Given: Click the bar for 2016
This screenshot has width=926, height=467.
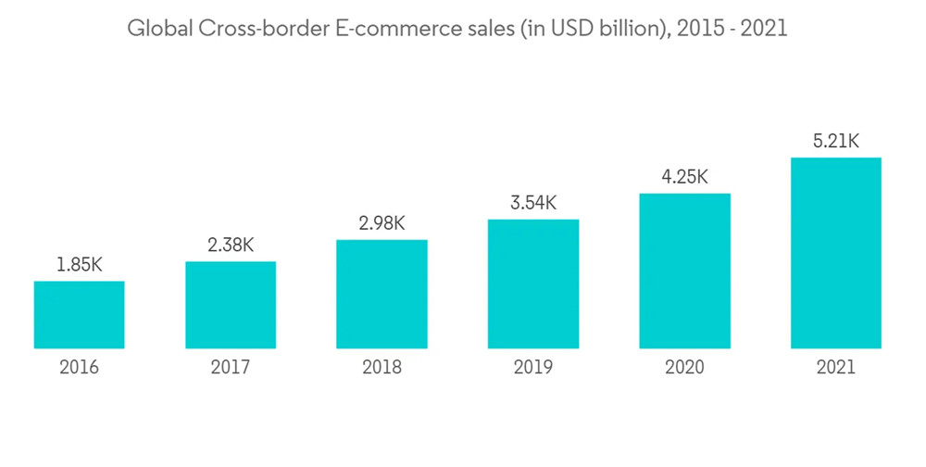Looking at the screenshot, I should (79, 315).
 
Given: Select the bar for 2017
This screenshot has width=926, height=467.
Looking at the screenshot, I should (231, 305).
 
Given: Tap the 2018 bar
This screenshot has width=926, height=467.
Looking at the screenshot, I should (382, 295).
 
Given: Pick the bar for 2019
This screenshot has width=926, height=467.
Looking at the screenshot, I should (533, 284).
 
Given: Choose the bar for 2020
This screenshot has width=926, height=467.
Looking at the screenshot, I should (684, 271).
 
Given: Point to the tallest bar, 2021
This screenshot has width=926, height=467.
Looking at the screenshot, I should (835, 253).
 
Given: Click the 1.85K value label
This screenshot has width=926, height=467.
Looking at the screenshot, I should (79, 266).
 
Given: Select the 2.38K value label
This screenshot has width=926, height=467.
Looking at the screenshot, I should (231, 246).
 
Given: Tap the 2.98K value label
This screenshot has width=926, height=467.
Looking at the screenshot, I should (382, 224).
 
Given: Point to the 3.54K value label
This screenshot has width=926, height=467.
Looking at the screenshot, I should (533, 203).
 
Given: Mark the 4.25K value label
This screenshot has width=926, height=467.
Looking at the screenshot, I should (684, 177).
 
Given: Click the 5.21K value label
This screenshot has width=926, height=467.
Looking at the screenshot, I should (835, 142).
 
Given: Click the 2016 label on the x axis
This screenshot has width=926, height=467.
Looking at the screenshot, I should (79, 368).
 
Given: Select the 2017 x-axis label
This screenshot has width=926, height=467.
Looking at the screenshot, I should (231, 368).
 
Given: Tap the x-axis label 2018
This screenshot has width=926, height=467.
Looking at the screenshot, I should (382, 368).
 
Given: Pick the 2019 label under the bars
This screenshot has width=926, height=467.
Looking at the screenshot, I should (533, 368).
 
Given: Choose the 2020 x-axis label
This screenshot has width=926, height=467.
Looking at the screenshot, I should (684, 368).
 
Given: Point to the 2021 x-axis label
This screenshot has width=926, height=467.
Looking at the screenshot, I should (835, 368).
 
